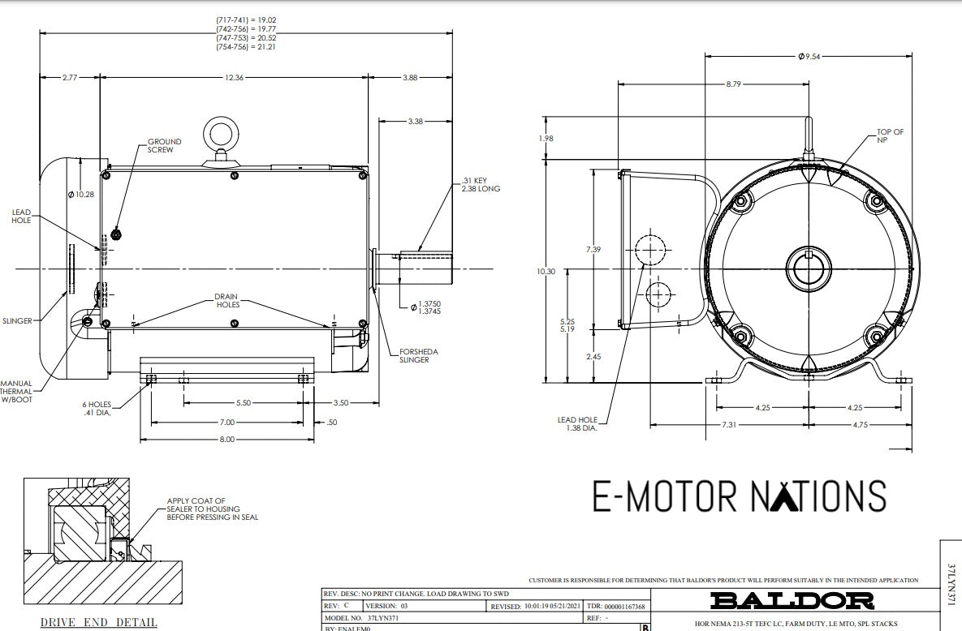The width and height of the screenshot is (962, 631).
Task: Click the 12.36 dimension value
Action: pyautogui.click(x=234, y=77)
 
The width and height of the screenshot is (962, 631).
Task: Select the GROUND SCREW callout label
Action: pyautogui.click(x=164, y=145)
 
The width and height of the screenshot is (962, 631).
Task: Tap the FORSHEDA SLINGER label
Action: pyautogui.click(x=418, y=355)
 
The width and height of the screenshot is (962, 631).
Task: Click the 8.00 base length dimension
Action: pyautogui.click(x=226, y=439)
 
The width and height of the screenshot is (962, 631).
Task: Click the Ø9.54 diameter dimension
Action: pyautogui.click(x=810, y=57)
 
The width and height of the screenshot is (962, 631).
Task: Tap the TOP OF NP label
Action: pyautogui.click(x=890, y=135)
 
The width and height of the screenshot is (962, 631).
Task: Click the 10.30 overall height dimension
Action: pyautogui.click(x=546, y=272)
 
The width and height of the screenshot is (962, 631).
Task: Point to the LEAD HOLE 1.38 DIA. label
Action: pyautogui.click(x=577, y=423)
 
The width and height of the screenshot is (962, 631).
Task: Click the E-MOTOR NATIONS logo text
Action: pyautogui.click(x=739, y=496)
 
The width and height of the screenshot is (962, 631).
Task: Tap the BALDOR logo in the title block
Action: pyautogui.click(x=792, y=600)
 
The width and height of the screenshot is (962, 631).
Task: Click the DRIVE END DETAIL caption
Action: pyautogui.click(x=99, y=622)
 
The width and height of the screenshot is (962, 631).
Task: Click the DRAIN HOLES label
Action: pyautogui.click(x=227, y=300)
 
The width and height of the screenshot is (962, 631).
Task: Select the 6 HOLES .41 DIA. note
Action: pyautogui.click(x=96, y=408)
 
